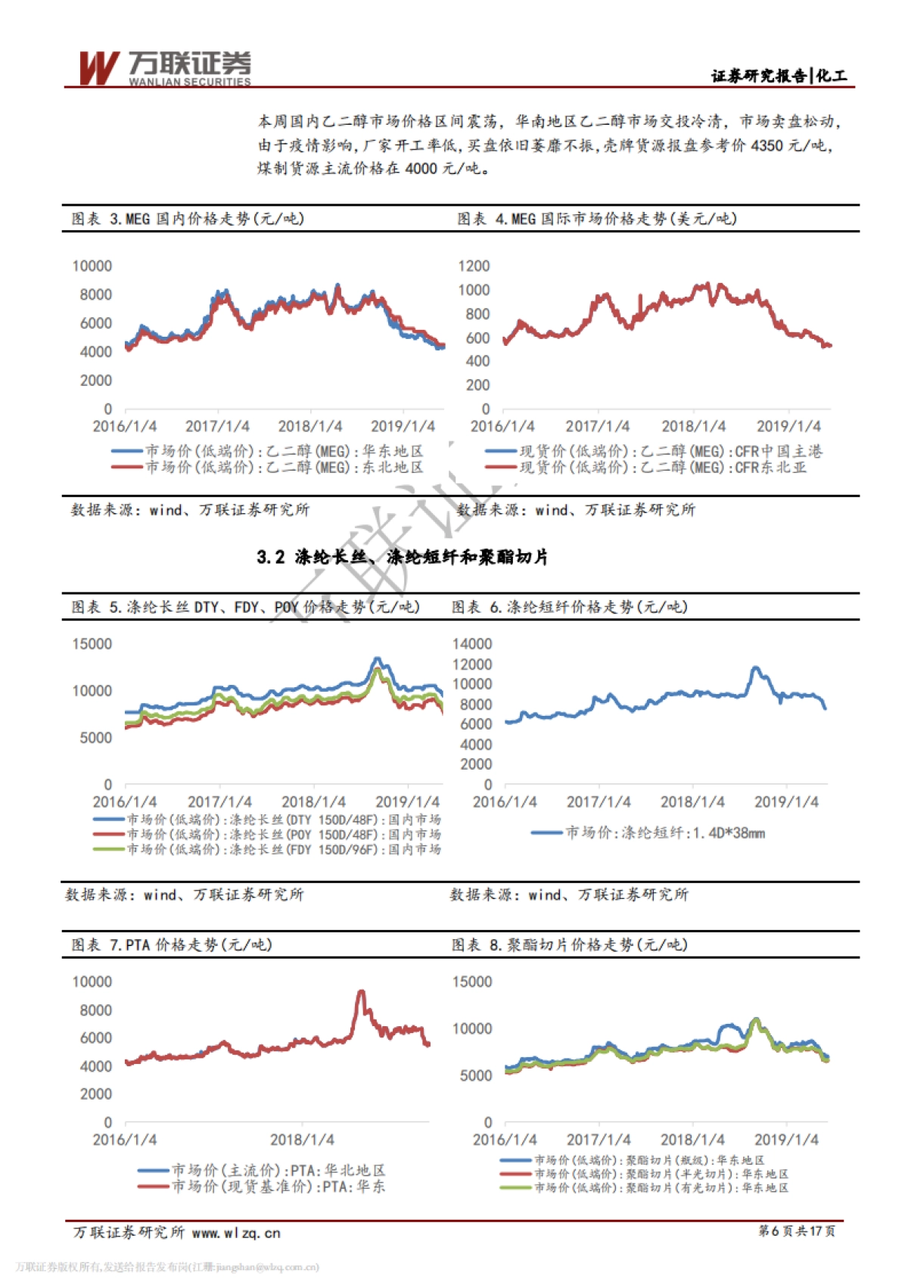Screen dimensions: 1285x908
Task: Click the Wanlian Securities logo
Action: (164, 68)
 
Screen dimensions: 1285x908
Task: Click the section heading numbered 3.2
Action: (402, 558)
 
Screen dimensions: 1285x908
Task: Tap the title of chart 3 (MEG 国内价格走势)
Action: (188, 219)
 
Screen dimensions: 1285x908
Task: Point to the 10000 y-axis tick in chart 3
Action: (92, 266)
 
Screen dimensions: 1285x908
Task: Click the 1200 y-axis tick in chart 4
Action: (474, 266)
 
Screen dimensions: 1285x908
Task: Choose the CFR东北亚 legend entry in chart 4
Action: (662, 468)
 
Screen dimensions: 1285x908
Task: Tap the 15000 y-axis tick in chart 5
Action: (92, 644)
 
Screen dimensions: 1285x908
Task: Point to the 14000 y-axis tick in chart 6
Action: (472, 644)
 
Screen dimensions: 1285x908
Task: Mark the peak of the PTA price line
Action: (361, 991)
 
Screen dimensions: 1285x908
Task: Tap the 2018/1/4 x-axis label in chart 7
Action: (302, 1140)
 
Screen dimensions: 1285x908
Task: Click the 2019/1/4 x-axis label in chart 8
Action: (786, 1140)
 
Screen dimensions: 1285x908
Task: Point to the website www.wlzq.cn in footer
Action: (236, 1233)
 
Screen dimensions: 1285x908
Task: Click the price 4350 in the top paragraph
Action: (767, 145)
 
